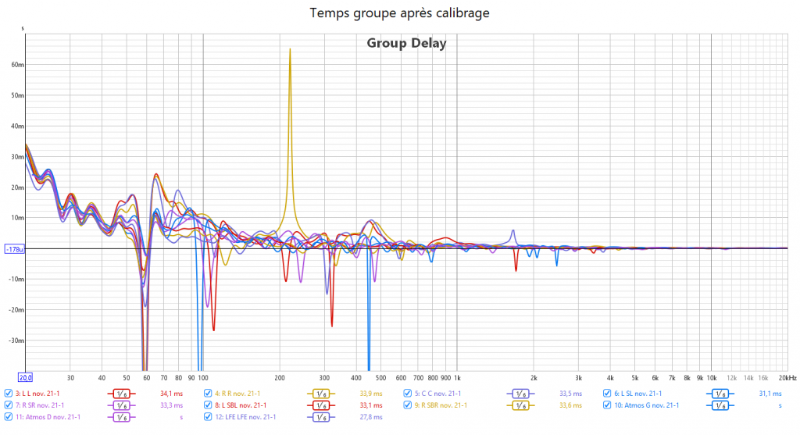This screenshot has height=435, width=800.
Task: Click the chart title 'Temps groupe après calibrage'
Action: pyautogui.click(x=400, y=13)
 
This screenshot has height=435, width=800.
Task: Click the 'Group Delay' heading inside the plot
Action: pyautogui.click(x=406, y=43)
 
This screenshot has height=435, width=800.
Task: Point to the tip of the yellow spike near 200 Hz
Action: pyautogui.click(x=290, y=49)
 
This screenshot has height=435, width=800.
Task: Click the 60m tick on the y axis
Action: pyautogui.click(x=17, y=65)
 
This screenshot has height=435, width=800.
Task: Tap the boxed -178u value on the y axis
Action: pyautogui.click(x=14, y=249)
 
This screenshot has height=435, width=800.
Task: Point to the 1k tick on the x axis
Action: pyautogui.click(x=457, y=377)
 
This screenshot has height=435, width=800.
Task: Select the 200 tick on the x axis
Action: pyautogui.click(x=280, y=377)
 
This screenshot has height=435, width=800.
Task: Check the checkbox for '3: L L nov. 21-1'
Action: pyautogui.click(x=9, y=394)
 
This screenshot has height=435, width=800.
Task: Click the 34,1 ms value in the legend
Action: pyautogui.click(x=170, y=394)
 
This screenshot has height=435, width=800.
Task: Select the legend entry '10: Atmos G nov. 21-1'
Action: pyautogui.click(x=646, y=405)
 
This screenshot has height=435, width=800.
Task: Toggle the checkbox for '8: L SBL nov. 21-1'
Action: pyautogui.click(x=207, y=405)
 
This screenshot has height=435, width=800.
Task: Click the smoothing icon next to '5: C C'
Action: pyautogui.click(x=520, y=394)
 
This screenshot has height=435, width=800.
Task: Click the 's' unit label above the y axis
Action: pyautogui.click(x=23, y=29)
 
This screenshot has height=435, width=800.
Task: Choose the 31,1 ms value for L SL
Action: pyautogui.click(x=770, y=394)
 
